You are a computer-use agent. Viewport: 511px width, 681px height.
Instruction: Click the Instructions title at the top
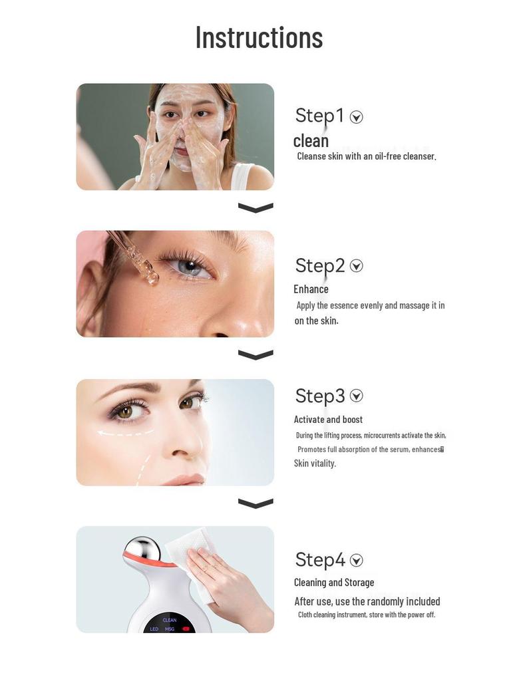pos(259,37)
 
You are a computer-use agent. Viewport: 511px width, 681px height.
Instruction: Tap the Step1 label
pos(319,116)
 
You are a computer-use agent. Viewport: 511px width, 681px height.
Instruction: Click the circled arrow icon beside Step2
pos(357,266)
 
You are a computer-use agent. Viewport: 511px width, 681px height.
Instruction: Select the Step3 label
pos(320,396)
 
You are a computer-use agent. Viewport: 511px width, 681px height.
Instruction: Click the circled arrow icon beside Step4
pos(357,560)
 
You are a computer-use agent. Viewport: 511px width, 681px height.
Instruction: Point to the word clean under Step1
pos(311,141)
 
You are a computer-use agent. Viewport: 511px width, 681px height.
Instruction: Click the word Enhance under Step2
pos(311,289)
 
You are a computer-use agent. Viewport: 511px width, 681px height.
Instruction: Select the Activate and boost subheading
pos(328,420)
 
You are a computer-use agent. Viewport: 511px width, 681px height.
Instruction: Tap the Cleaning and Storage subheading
pos(334,583)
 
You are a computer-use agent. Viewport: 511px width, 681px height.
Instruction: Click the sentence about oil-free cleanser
pos(366,156)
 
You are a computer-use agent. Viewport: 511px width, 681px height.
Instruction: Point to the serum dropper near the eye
pos(138,259)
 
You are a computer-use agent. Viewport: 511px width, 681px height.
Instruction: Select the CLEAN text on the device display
pos(170,620)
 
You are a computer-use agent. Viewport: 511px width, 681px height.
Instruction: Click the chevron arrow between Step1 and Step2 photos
pos(255,208)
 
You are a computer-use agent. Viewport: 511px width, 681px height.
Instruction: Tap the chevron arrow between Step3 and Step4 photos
pos(255,503)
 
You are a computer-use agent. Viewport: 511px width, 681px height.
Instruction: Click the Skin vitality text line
pos(315,464)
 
